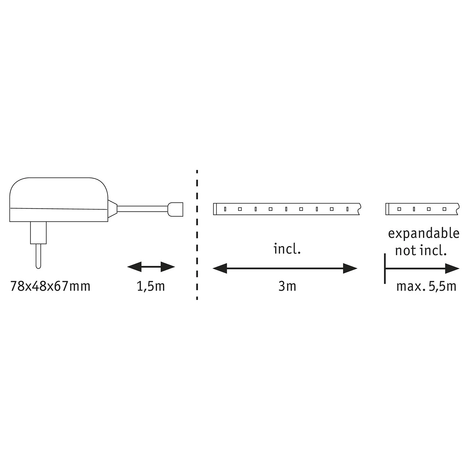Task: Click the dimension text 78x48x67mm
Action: pyautogui.click(x=50, y=286)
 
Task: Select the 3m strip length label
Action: pyautogui.click(x=287, y=286)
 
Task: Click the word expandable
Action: pyautogui.click(x=424, y=234)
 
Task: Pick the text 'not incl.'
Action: pyautogui.click(x=421, y=251)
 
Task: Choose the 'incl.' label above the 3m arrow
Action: pyautogui.click(x=287, y=249)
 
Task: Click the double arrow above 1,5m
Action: pyautogui.click(x=151, y=267)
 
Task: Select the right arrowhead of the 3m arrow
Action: pyautogui.click(x=350, y=269)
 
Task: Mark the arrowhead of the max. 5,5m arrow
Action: pyautogui.click(x=452, y=269)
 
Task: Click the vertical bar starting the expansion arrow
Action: pyautogui.click(x=385, y=269)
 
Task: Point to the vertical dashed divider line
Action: pyautogui.click(x=197, y=235)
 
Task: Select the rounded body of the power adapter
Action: pyautogui.click(x=59, y=200)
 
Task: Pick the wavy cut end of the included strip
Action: pyautogui.click(x=359, y=209)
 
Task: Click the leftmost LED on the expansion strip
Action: pyautogui.click(x=399, y=209)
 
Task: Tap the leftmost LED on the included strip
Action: pyautogui.click(x=225, y=209)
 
